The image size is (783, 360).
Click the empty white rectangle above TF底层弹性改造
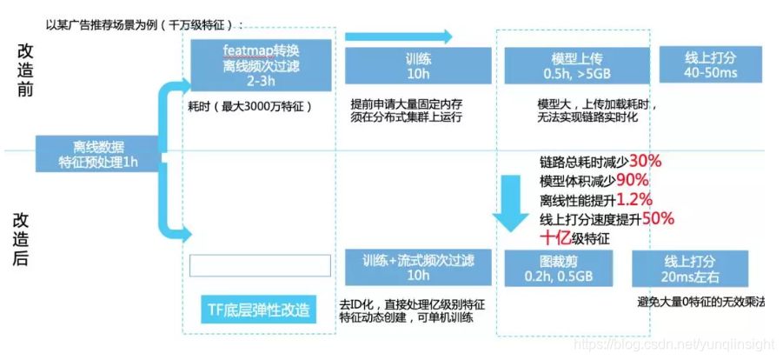coord(260,265)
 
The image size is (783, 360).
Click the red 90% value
coord(634,180)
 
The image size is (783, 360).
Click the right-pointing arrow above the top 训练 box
coord(399,36)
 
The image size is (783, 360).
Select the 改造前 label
coord(24,70)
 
